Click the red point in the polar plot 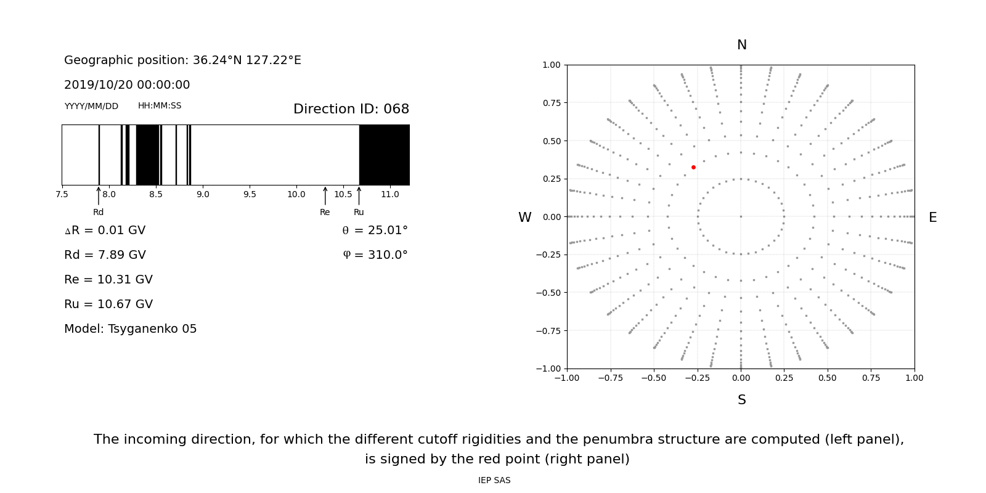pos(693,167)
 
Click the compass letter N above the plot pos(742,45)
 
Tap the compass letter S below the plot pos(742,400)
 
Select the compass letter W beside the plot pos(525,218)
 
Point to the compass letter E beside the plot pos(932,218)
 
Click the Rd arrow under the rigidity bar pos(99,196)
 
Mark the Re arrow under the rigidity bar pos(325,196)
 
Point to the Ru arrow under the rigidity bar pos(359,196)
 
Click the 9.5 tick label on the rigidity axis pos(250,195)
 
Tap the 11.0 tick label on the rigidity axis pos(389,195)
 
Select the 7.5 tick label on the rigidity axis pos(62,195)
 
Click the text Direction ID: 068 pos(351,109)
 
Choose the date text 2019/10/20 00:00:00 pos(127,85)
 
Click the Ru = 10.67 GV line pos(108,304)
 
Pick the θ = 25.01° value pos(375,230)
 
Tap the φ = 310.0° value pos(375,255)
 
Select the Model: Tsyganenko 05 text pos(131,329)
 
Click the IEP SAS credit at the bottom pos(494,481)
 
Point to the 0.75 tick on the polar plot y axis pos(552,103)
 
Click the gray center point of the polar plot pos(741,216)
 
